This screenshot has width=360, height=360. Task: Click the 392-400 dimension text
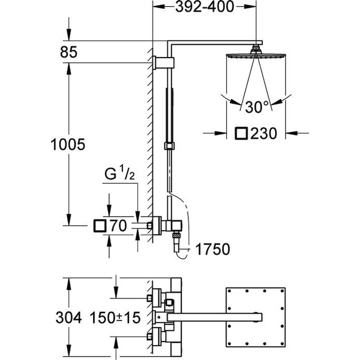205,7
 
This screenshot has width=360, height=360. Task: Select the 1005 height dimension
68,144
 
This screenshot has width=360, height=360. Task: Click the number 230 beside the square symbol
263,133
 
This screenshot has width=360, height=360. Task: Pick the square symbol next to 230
242,133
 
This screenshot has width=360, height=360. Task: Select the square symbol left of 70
99,225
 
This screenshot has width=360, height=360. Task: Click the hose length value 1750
213,249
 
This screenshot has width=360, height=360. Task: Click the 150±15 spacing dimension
115,318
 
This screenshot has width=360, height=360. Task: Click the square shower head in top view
255,317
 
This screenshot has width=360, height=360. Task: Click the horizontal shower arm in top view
211,318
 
